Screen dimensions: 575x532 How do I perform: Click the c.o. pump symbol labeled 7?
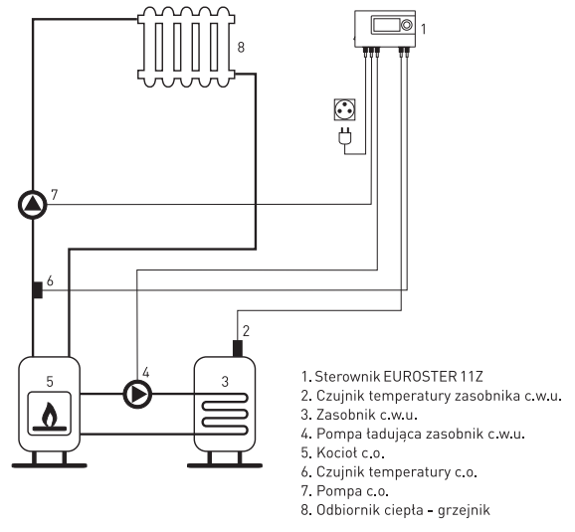click(33, 205)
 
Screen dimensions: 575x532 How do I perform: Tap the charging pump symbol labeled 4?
click(137, 394)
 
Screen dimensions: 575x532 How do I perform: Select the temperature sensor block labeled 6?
click(38, 290)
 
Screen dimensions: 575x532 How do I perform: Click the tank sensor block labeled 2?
click(238, 348)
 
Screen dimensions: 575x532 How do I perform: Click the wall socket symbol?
click(345, 109)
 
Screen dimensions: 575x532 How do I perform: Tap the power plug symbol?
click(345, 136)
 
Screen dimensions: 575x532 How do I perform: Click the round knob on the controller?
click(406, 25)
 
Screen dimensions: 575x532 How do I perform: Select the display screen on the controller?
click(386, 25)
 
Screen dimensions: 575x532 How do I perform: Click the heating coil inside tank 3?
click(225, 415)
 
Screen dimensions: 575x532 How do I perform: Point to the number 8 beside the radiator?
click(241, 48)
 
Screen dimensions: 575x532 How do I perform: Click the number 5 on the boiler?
click(50, 382)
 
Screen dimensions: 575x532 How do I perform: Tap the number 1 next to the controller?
click(423, 29)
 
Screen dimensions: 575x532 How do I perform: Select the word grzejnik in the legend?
click(464, 510)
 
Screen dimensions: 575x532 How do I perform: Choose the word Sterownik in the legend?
click(347, 376)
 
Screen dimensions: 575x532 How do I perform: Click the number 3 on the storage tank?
click(225, 382)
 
